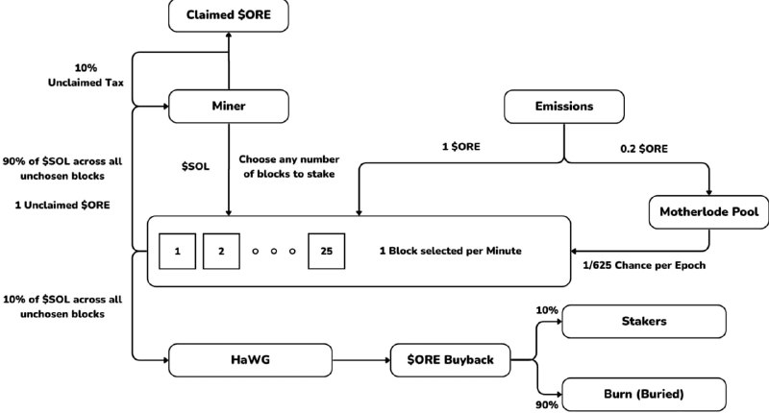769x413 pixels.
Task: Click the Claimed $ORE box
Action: tap(228, 14)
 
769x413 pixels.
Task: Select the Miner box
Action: tap(228, 106)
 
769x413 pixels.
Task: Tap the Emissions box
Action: tap(562, 106)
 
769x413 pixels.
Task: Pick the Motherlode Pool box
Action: tap(708, 210)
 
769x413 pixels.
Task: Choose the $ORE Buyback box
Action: tap(451, 359)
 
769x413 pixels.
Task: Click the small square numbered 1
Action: tap(178, 251)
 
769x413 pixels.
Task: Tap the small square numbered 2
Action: tap(221, 251)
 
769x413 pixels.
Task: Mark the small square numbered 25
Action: tap(326, 251)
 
